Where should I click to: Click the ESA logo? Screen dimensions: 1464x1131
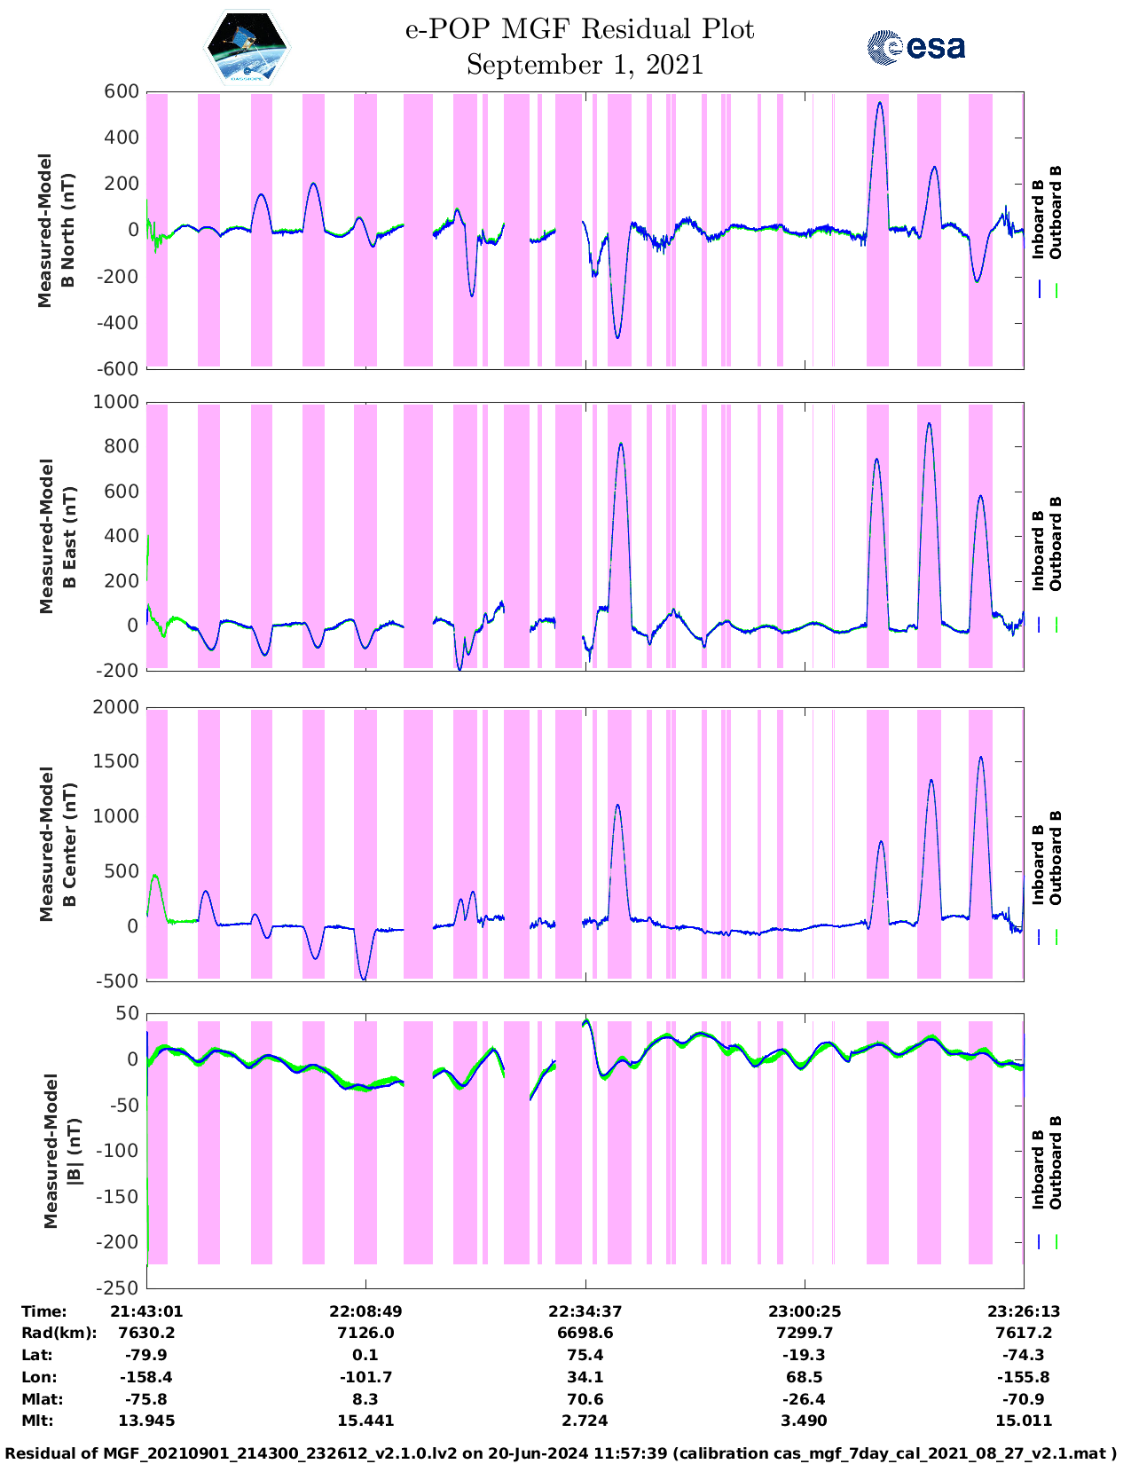(x=915, y=47)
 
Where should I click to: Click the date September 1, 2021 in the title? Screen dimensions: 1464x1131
(x=585, y=66)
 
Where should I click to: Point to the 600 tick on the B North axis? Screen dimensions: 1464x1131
(x=122, y=91)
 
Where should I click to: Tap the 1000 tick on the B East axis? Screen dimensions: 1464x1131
(x=116, y=402)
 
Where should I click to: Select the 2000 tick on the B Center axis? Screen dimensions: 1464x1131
(x=116, y=707)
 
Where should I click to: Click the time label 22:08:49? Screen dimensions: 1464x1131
(x=365, y=1311)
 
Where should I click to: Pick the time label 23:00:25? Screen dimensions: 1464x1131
(x=805, y=1311)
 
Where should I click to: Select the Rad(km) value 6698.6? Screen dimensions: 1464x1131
(x=585, y=1333)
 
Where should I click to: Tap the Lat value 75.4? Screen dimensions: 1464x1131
(x=585, y=1355)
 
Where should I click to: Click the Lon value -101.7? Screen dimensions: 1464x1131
(x=365, y=1377)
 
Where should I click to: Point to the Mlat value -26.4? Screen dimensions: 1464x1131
(x=805, y=1399)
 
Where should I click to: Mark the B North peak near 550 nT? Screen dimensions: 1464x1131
(x=879, y=103)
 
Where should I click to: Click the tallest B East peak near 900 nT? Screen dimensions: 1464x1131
(x=929, y=424)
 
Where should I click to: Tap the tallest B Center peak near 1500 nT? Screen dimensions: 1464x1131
(x=980, y=758)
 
